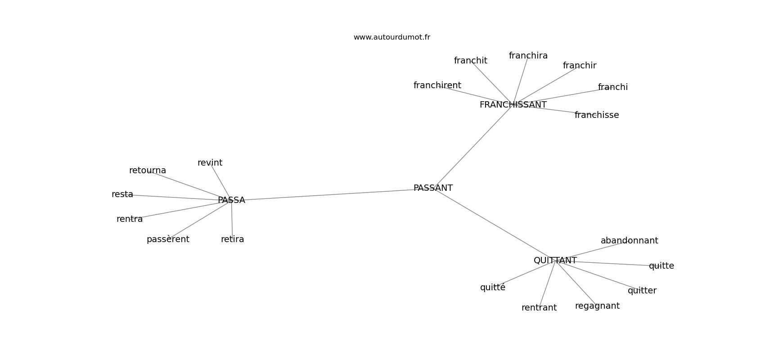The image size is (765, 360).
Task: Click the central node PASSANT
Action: (433, 188)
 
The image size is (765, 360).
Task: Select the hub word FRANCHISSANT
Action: (513, 105)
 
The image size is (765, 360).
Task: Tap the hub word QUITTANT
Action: (555, 260)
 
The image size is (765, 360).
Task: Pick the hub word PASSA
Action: (231, 200)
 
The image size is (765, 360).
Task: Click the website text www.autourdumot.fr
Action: (391, 37)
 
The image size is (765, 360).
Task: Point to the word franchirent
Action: (437, 85)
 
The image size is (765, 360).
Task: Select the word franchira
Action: (528, 55)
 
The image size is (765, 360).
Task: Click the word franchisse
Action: (597, 115)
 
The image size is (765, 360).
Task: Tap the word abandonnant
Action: (629, 240)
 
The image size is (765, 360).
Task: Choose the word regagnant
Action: (597, 306)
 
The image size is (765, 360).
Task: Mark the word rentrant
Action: (539, 308)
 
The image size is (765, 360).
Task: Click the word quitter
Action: (642, 291)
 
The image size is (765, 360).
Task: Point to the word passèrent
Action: (168, 239)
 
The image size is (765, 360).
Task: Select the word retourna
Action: (148, 171)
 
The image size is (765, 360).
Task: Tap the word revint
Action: (210, 162)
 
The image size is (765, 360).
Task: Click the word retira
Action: (232, 239)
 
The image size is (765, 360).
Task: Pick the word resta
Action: (122, 194)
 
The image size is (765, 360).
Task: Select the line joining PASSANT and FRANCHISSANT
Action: (473, 146)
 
